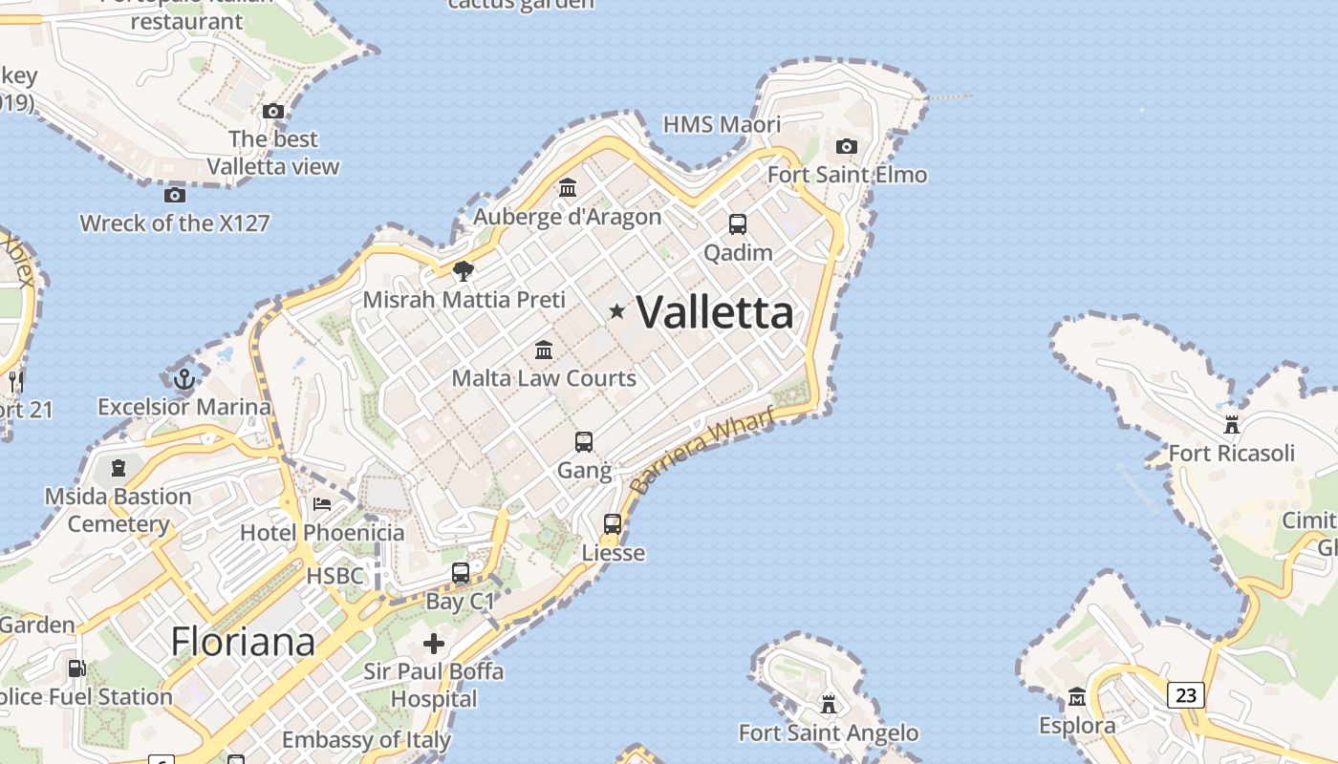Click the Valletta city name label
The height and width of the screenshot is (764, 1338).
pyautogui.click(x=715, y=312)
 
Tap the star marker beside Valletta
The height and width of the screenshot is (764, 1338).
pyautogui.click(x=617, y=310)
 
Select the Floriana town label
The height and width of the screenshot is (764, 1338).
pyautogui.click(x=243, y=641)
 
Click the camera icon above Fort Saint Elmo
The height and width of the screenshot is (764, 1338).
pyautogui.click(x=846, y=146)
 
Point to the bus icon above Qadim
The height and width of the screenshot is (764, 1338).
pyautogui.click(x=738, y=224)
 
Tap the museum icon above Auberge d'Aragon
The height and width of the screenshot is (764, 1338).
pyautogui.click(x=568, y=187)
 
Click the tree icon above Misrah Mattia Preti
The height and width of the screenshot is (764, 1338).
pyautogui.click(x=464, y=271)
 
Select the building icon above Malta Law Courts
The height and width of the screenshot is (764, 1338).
pyautogui.click(x=544, y=350)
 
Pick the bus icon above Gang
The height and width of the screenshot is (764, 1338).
pyautogui.click(x=584, y=442)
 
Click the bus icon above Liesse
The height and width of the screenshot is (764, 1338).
pyautogui.click(x=613, y=524)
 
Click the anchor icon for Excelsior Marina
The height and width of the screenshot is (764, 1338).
pyautogui.click(x=183, y=379)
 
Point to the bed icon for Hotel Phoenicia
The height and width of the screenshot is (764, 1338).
pyautogui.click(x=322, y=503)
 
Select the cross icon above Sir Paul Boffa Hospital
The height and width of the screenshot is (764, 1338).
pyautogui.click(x=434, y=643)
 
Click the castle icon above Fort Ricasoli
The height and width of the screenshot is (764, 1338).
pyautogui.click(x=1231, y=424)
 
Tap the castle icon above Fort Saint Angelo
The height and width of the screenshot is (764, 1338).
pyautogui.click(x=829, y=705)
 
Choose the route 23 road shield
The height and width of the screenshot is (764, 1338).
pyautogui.click(x=1185, y=694)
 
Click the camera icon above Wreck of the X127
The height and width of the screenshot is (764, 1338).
pyautogui.click(x=175, y=195)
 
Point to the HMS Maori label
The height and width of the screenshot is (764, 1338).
pyautogui.click(x=722, y=124)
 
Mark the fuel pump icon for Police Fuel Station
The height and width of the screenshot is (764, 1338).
pyautogui.click(x=76, y=668)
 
